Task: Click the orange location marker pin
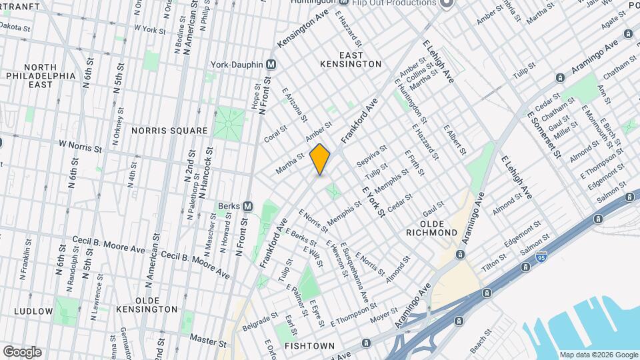pyautogui.click(x=320, y=159)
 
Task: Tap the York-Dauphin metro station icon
pyautogui.click(x=271, y=65)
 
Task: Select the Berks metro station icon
pyautogui.click(x=247, y=207)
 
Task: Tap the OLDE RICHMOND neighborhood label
pyautogui.click(x=432, y=233)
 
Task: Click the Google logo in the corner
pyautogui.click(x=22, y=352)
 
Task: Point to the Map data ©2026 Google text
pyautogui.click(x=598, y=355)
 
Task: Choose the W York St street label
pyautogui.click(x=149, y=29)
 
